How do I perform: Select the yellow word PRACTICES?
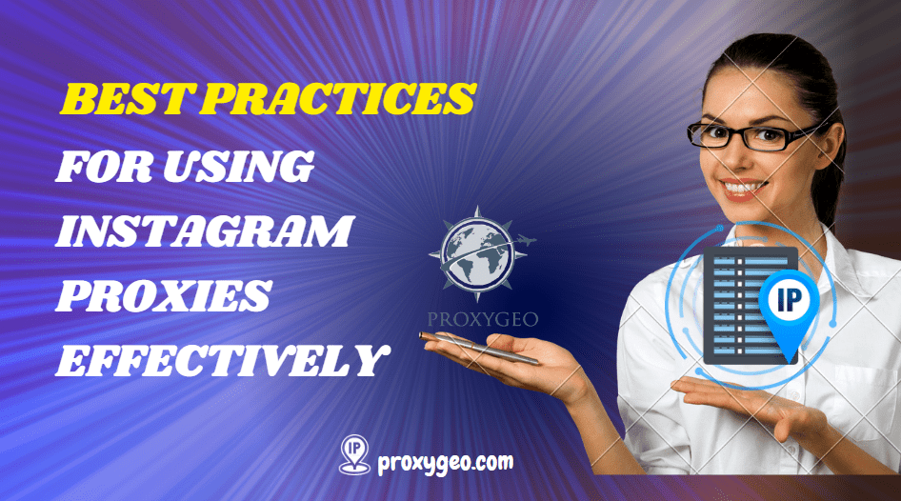point(338,98)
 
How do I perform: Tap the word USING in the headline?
point(238,166)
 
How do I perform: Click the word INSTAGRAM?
point(204,231)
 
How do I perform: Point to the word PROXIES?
point(164,296)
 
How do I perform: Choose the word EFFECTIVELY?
point(222,361)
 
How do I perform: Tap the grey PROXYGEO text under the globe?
point(483,319)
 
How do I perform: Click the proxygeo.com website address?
point(446,462)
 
